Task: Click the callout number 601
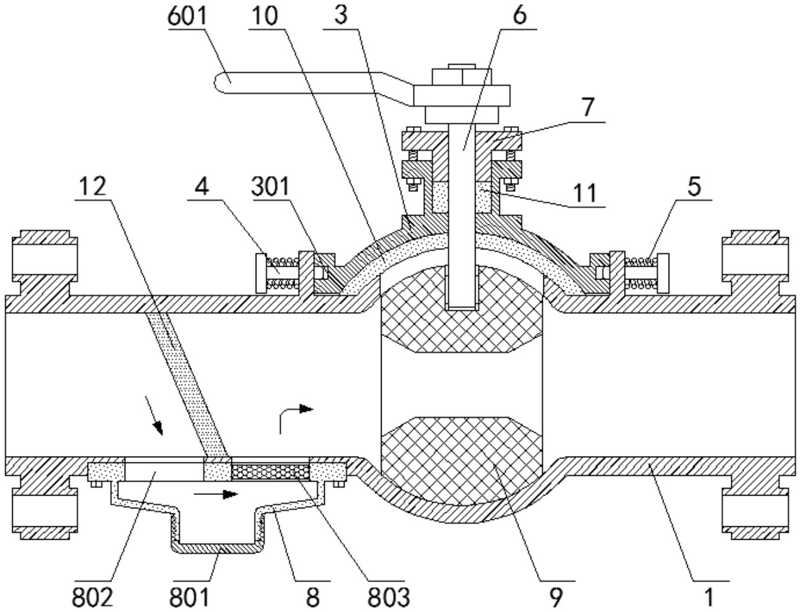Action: click(187, 17)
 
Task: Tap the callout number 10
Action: click(265, 17)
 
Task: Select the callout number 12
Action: click(93, 187)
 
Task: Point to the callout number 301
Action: click(270, 187)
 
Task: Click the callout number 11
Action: click(585, 192)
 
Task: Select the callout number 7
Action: click(587, 107)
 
